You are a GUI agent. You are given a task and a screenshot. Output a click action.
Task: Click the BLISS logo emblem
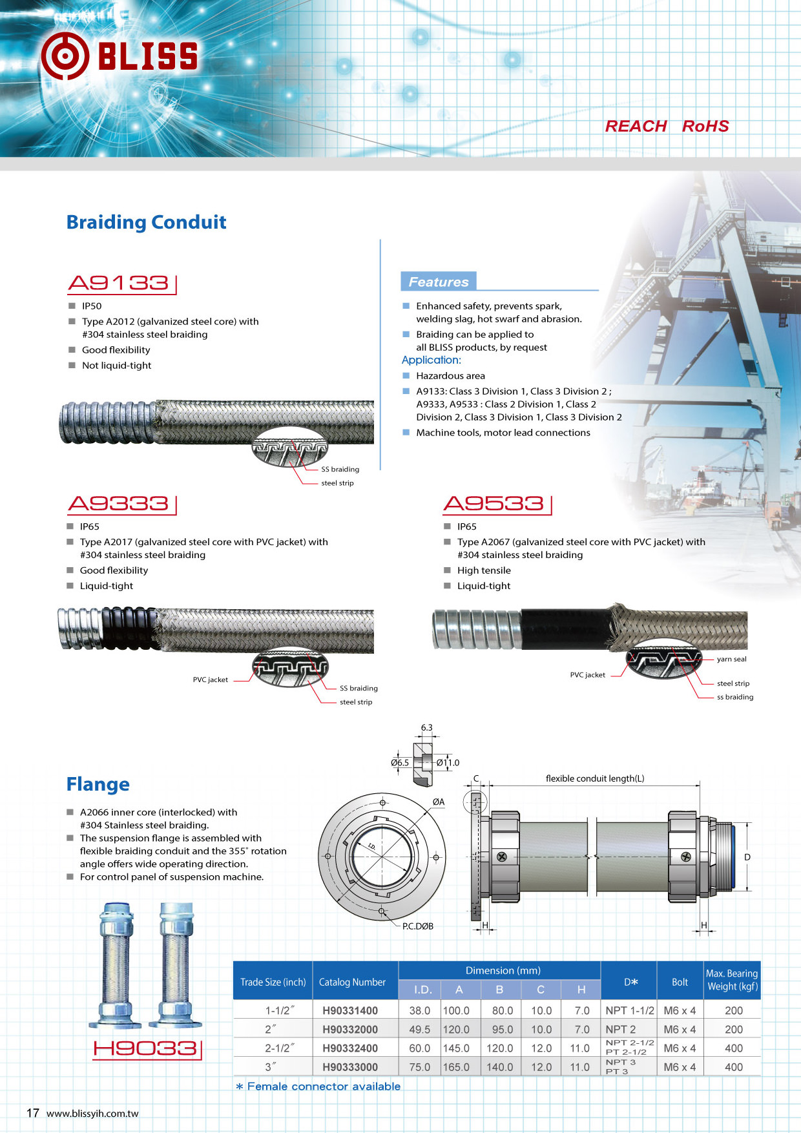point(65,56)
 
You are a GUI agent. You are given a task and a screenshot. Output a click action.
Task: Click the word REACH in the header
point(636,127)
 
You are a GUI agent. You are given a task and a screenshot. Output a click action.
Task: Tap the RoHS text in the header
point(705,127)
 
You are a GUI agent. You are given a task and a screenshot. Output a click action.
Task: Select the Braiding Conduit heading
point(147,222)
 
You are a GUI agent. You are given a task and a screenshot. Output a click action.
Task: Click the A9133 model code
point(119,283)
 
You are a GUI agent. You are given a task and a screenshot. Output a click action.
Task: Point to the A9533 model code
point(495,504)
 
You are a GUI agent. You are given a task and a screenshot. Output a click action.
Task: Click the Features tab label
point(439,282)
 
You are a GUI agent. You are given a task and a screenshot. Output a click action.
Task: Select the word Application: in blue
point(432,360)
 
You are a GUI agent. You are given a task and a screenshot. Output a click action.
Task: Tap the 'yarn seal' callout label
point(731,660)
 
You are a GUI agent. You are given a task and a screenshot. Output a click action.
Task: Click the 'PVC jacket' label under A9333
point(210,680)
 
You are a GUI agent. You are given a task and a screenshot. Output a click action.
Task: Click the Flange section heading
point(98,784)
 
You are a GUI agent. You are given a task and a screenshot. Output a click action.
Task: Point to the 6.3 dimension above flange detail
point(426,727)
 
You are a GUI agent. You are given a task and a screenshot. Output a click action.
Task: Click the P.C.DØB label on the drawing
point(418,926)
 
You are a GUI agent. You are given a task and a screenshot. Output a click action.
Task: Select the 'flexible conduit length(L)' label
point(594,778)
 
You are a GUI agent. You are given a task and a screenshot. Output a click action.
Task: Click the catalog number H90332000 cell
point(350,1030)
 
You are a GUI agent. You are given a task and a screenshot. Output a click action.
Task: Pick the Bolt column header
point(680,982)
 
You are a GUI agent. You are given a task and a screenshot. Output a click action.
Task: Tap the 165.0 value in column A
point(456,1067)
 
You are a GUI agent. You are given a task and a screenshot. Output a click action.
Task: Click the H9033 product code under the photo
point(146,1048)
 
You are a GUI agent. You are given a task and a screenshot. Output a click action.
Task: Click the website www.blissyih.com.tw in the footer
point(92,1114)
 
